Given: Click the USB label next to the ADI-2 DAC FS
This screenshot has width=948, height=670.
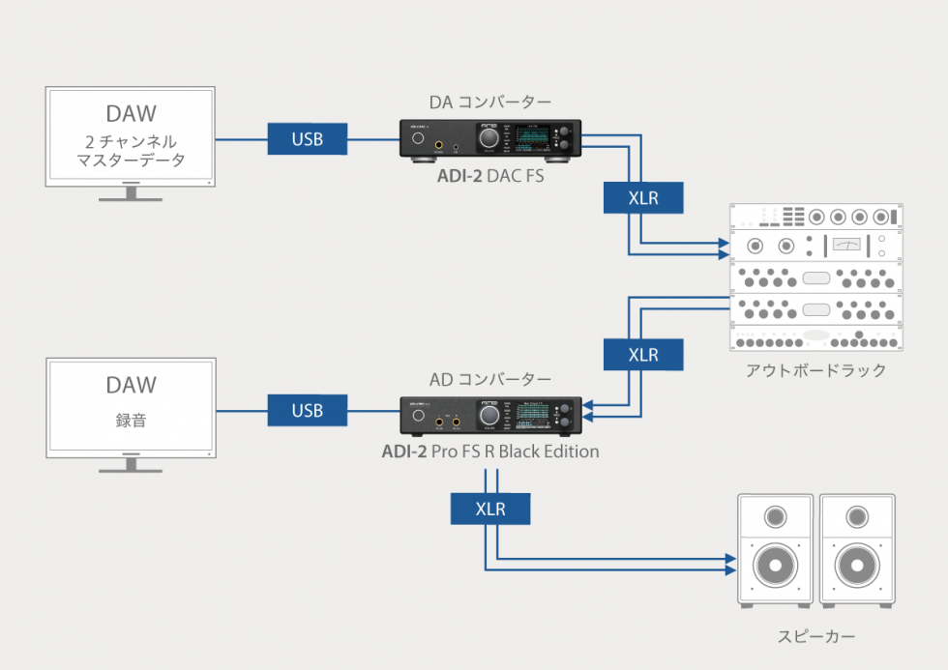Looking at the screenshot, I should (308, 139).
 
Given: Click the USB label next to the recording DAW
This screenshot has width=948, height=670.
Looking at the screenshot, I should (308, 411).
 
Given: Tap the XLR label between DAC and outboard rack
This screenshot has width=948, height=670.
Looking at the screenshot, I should (643, 198).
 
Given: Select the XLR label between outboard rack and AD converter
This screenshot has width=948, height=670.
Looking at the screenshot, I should (643, 355).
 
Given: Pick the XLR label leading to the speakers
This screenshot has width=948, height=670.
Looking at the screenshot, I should (490, 509).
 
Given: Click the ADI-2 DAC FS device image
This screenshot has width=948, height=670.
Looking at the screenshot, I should (490, 139).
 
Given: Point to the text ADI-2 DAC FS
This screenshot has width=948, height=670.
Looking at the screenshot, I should (489, 177).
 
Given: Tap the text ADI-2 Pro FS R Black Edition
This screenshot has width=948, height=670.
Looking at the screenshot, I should (489, 452).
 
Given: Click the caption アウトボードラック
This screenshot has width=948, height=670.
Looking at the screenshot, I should (816, 370).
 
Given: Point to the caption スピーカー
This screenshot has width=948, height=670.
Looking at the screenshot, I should (816, 636).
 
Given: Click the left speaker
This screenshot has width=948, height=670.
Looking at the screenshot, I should (775, 549).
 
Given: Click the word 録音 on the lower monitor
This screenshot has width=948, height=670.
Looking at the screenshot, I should (131, 422).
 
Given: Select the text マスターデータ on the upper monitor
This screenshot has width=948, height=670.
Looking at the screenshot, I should (131, 160).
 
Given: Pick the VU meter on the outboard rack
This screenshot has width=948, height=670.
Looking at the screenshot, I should (846, 245).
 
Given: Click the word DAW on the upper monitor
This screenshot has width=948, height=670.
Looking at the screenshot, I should (131, 114).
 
